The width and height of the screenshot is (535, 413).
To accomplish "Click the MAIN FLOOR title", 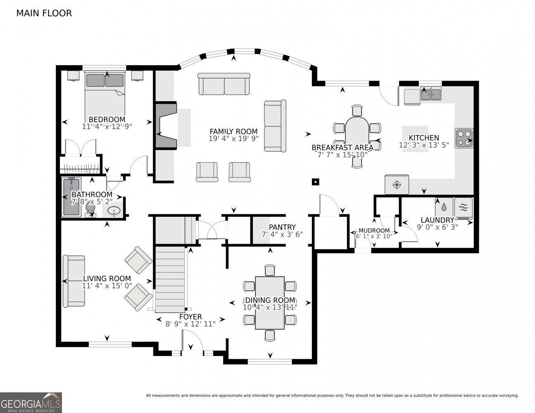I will tap(44, 13).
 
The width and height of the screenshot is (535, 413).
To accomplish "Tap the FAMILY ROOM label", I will tap(233, 132).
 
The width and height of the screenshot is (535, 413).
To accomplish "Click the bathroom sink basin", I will tap(113, 211).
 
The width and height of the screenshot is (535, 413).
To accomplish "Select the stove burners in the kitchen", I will tap(464, 138).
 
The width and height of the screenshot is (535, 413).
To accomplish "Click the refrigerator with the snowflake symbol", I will tap(397, 185).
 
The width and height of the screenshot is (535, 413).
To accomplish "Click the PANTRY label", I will tap(282, 227).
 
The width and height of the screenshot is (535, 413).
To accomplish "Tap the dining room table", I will tap(270, 303).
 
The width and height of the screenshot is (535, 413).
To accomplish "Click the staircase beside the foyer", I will tap(170, 279).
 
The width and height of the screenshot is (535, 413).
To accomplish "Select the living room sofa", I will tap(74, 281).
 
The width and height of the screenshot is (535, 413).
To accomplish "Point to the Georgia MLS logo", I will tap(31, 402).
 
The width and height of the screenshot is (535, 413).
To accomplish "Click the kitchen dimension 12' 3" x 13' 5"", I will tap(424, 145).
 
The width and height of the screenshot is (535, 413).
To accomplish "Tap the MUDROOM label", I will tap(374, 230).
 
